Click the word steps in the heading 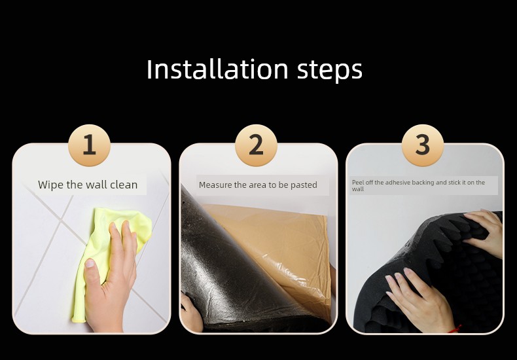click(x=330, y=71)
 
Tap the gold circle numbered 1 click(x=89, y=145)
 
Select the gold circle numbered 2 click(x=256, y=145)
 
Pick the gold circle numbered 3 click(x=422, y=145)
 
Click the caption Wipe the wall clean click(x=88, y=185)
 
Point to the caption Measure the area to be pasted click(x=258, y=185)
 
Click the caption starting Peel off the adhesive click(x=418, y=186)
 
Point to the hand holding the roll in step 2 click(x=190, y=313)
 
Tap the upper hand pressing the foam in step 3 click(x=485, y=231)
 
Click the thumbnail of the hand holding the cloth click(x=92, y=239)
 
